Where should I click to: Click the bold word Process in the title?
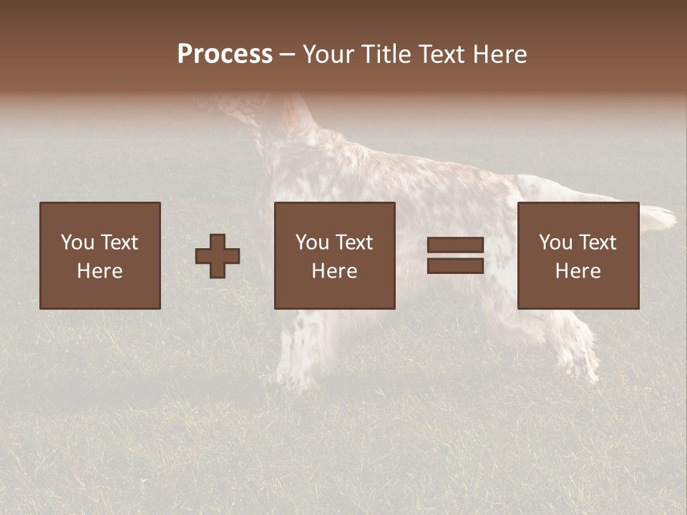point(225,54)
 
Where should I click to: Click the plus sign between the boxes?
point(218,256)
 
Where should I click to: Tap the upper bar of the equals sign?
point(455,245)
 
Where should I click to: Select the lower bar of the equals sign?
point(455,266)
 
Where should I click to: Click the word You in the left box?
point(77,242)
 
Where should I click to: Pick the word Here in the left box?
point(99,271)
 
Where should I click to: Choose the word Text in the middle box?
point(354,242)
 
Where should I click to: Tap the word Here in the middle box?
point(334,271)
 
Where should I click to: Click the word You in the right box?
point(555,242)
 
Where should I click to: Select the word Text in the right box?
point(597,242)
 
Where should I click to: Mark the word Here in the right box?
point(578,271)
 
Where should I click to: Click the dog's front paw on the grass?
point(290,376)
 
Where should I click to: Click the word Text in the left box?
point(119,242)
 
